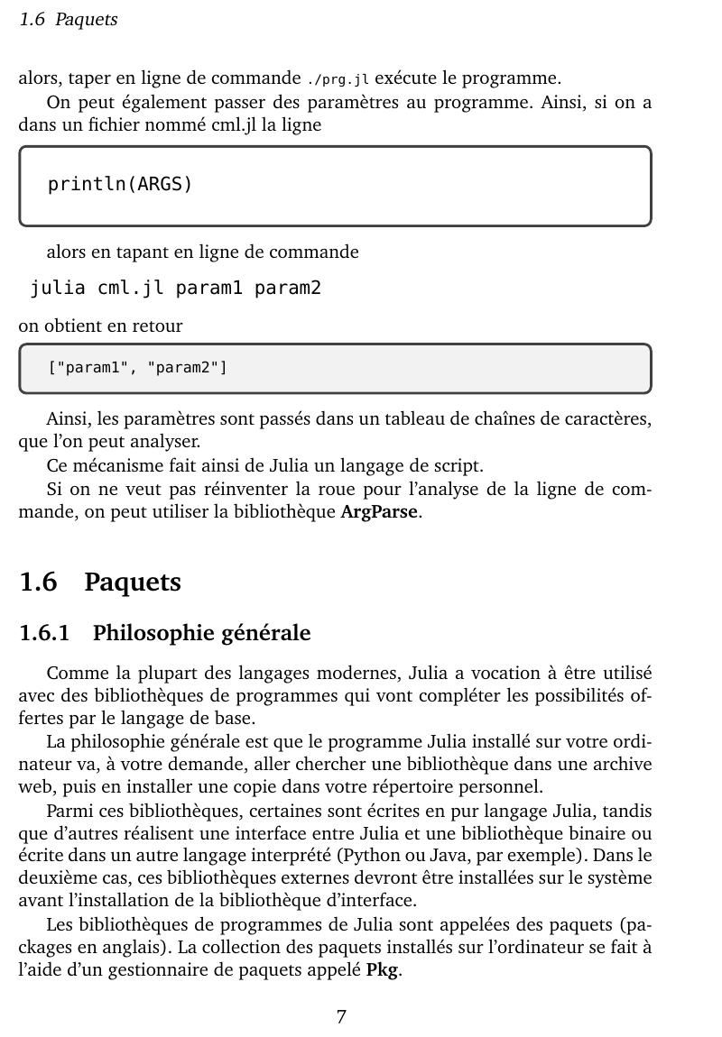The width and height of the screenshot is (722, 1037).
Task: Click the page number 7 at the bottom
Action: tap(341, 1017)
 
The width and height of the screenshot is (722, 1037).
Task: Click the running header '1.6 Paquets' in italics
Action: tap(69, 19)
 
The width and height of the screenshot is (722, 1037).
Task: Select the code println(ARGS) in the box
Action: tap(120, 185)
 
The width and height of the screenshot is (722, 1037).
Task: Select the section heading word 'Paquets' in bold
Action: tap(133, 583)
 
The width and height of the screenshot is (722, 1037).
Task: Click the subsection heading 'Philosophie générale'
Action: tap(201, 633)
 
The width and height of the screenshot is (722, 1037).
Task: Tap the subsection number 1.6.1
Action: tap(44, 633)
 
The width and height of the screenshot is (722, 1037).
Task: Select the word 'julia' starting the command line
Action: tap(59, 289)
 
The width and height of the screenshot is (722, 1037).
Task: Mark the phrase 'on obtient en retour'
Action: tap(100, 326)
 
